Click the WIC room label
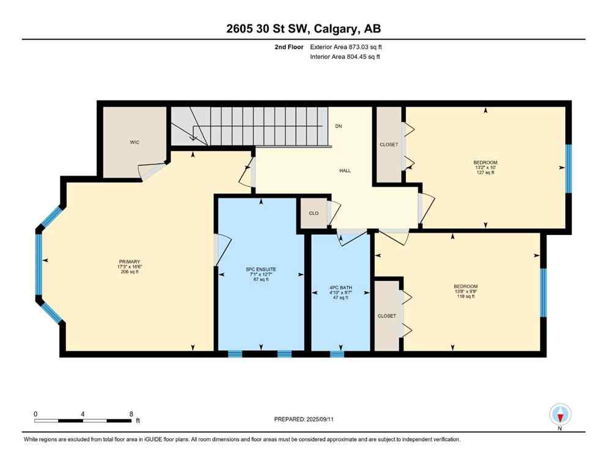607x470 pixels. (x=134, y=142)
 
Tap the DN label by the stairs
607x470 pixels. (x=338, y=127)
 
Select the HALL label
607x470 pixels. (x=345, y=171)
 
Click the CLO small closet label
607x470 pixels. (x=312, y=214)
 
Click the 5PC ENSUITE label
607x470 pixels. (x=261, y=269)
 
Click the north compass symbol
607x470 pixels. (x=560, y=414)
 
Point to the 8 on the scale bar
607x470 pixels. (x=131, y=414)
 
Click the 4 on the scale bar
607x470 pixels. (x=83, y=414)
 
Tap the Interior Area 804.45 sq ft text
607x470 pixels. (x=348, y=57)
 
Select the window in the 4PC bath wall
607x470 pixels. (x=337, y=354)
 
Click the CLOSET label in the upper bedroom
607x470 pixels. (x=388, y=144)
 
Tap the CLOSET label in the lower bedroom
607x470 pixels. (x=386, y=316)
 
